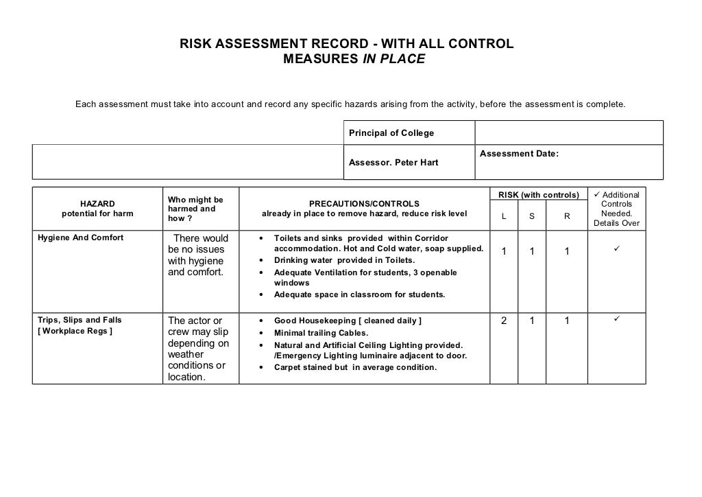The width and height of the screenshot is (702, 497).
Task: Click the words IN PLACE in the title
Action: pos(393,60)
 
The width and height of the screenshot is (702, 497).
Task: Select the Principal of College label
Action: pos(391,132)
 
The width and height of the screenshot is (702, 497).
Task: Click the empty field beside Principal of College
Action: pos(568,132)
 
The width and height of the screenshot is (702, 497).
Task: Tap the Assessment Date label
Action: pos(519,154)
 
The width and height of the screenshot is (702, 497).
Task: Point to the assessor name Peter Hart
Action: pos(394,163)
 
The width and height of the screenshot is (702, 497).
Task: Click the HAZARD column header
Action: pos(97,203)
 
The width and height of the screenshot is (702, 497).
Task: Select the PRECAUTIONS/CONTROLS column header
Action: pos(363,203)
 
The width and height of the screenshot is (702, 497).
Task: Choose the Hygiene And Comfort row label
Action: pos(79,238)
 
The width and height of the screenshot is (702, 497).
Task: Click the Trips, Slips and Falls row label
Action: pos(78,320)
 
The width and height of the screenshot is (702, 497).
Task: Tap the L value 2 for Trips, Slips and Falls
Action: pos(504,321)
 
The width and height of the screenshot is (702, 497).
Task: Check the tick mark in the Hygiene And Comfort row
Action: pos(616,249)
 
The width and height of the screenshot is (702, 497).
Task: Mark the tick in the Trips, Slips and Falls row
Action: pos(616,318)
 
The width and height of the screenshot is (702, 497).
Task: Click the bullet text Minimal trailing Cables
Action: pos(321,333)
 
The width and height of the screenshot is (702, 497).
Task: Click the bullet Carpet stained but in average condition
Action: pos(355,367)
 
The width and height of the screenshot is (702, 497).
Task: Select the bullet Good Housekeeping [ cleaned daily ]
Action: pos(348,321)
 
